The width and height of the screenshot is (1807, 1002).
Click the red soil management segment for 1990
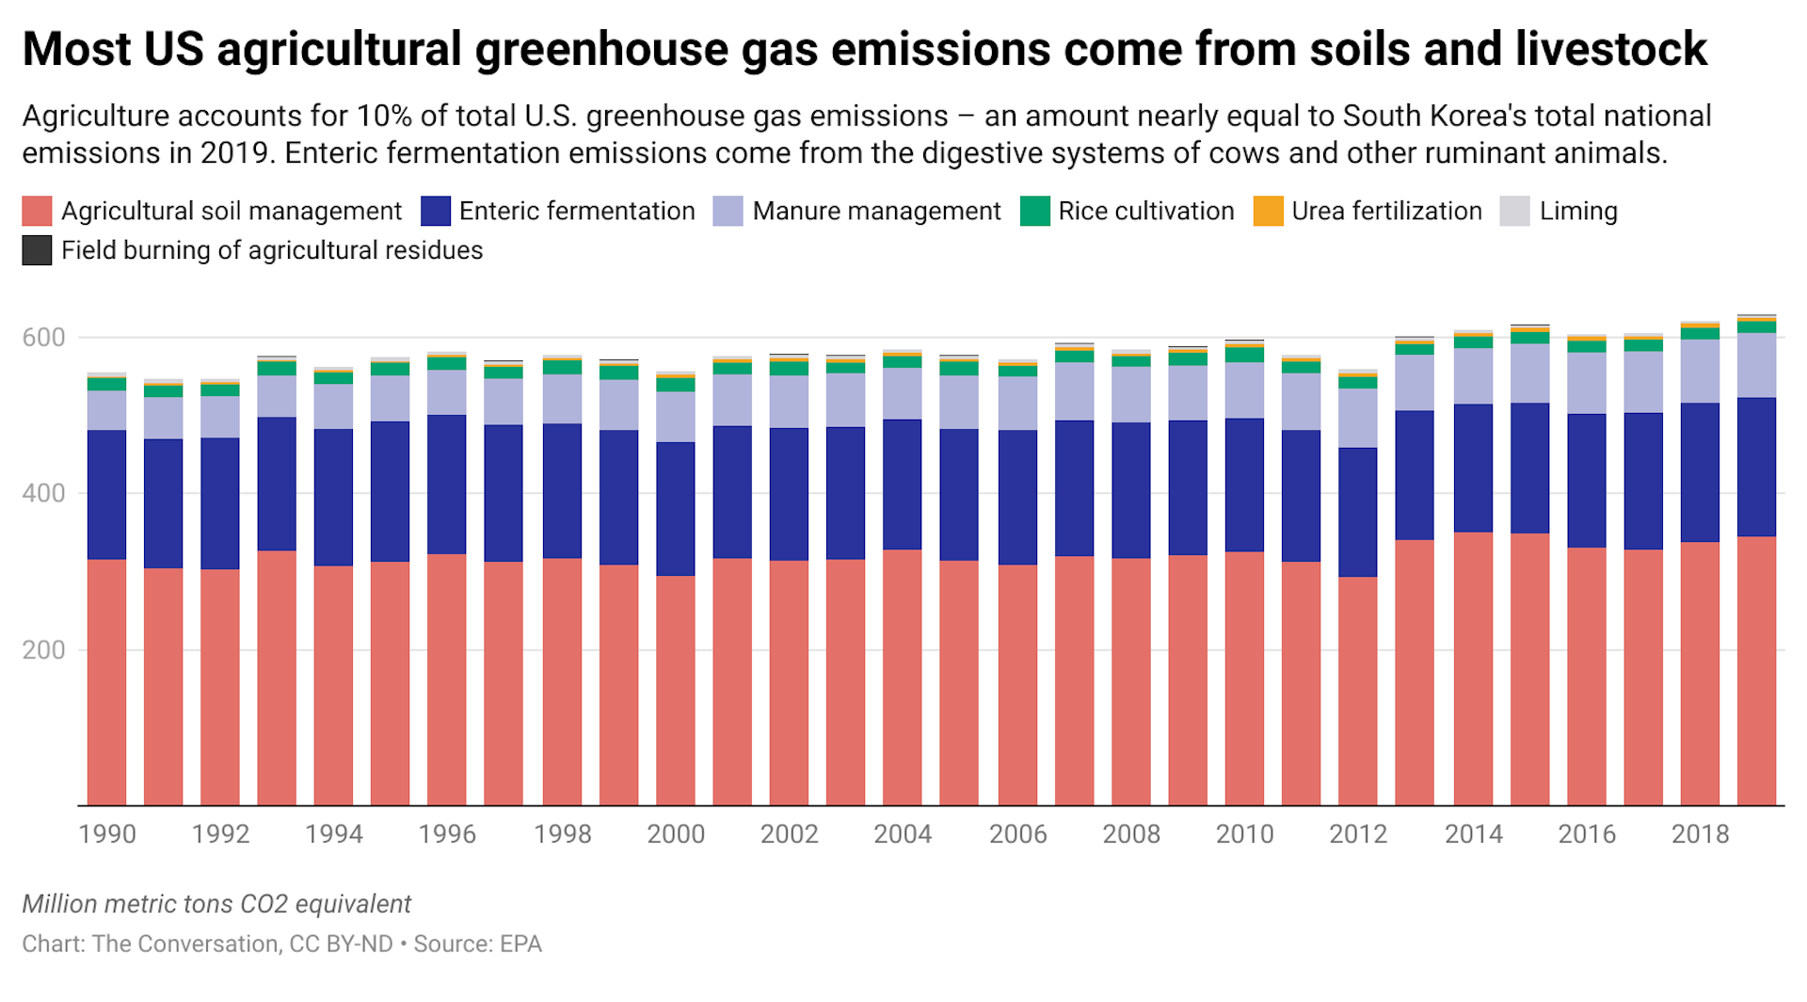[106, 682]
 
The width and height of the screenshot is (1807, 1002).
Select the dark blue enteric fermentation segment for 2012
[1357, 512]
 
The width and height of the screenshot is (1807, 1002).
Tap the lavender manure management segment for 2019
[1756, 365]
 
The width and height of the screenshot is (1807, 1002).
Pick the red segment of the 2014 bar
[1473, 668]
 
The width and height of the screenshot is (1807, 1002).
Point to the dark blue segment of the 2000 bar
[675, 508]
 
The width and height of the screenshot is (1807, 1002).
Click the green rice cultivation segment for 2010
[1244, 355]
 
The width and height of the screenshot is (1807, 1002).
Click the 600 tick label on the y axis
[43, 338]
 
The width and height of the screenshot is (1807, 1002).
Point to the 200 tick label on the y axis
[43, 650]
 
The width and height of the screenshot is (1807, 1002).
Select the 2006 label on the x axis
[1017, 835]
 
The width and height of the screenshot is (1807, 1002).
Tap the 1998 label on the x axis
[562, 835]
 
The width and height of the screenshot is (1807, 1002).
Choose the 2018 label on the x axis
[1700, 835]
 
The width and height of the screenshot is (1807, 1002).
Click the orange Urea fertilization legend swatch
[1268, 211]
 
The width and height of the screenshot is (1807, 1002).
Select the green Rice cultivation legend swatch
[1034, 211]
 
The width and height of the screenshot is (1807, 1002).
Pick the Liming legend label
[1578, 211]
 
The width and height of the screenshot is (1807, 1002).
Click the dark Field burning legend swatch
[37, 250]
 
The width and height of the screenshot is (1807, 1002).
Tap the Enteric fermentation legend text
[576, 211]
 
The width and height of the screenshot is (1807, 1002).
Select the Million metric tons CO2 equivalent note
[216, 904]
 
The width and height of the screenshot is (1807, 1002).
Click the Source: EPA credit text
[477, 944]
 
